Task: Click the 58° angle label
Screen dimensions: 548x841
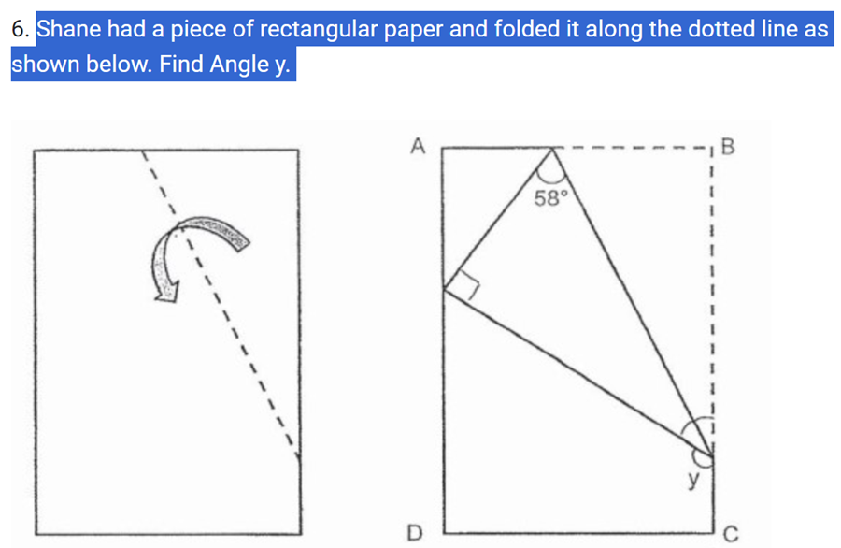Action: click(550, 198)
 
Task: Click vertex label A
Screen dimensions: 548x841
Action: click(418, 146)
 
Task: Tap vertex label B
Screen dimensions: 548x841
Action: click(730, 147)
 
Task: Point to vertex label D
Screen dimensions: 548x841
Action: click(418, 534)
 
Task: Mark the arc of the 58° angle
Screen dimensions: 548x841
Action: click(553, 175)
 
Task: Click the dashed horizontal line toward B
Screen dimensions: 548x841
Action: click(635, 147)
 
